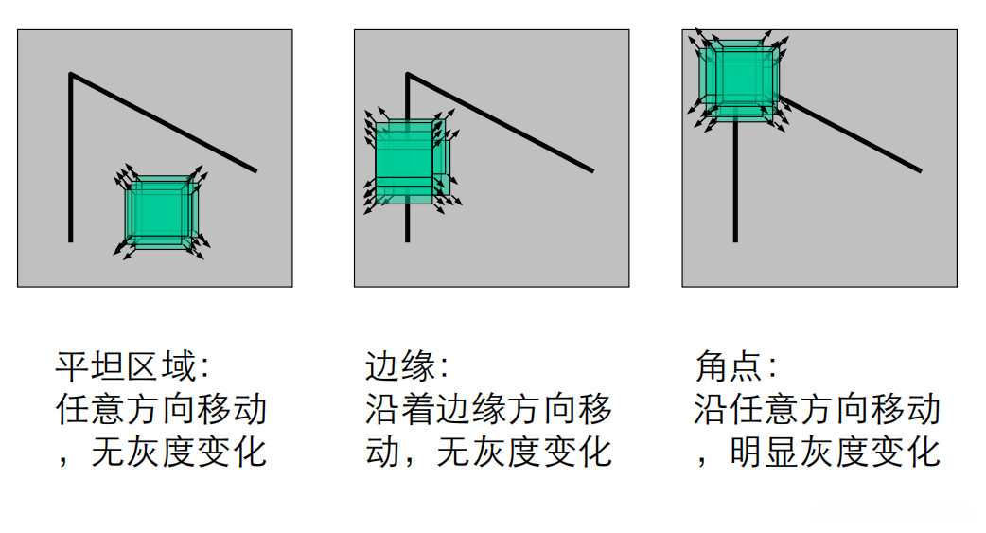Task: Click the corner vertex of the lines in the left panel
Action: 71,74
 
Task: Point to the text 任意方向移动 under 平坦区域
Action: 162,409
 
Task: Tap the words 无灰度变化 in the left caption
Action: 179,452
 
